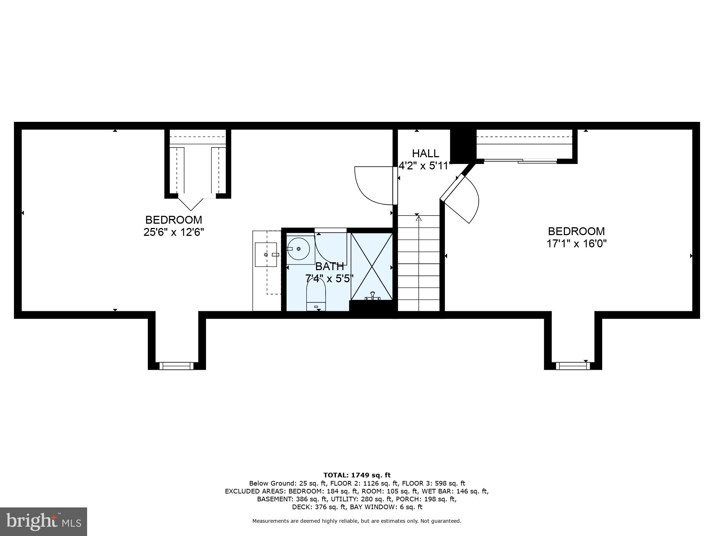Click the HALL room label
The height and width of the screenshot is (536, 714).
pyautogui.click(x=425, y=153)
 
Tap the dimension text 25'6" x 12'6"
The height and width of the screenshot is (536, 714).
pyautogui.click(x=174, y=232)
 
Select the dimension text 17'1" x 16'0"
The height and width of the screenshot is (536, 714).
pyautogui.click(x=576, y=244)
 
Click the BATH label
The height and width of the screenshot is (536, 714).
pyautogui.click(x=329, y=266)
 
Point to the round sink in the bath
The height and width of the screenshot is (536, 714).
pyautogui.click(x=298, y=249)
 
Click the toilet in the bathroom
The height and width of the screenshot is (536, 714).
pyautogui.click(x=316, y=294)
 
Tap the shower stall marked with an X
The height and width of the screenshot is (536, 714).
pyautogui.click(x=372, y=266)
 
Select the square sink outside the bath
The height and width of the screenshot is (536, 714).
pyautogui.click(x=266, y=254)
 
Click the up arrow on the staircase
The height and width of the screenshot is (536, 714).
pyautogui.click(x=419, y=218)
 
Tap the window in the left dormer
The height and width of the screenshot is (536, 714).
pyautogui.click(x=176, y=366)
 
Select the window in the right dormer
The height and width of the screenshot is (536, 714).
pyautogui.click(x=573, y=366)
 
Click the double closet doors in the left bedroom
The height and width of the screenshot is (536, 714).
pyautogui.click(x=191, y=204)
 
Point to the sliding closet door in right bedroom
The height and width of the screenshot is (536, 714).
pyautogui.click(x=521, y=161)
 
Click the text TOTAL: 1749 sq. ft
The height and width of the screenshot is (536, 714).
pyautogui.click(x=357, y=475)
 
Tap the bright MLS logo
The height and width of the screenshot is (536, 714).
pyautogui.click(x=43, y=521)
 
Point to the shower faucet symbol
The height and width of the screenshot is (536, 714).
pyautogui.click(x=372, y=296)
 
